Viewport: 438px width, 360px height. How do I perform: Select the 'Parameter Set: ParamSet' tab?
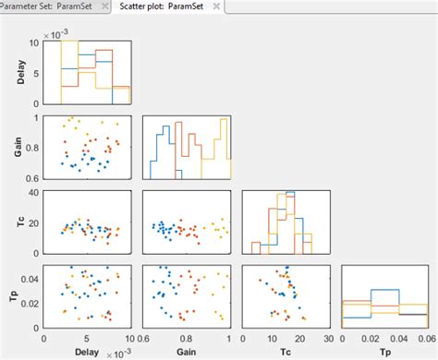pyautogui.click(x=54, y=6)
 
